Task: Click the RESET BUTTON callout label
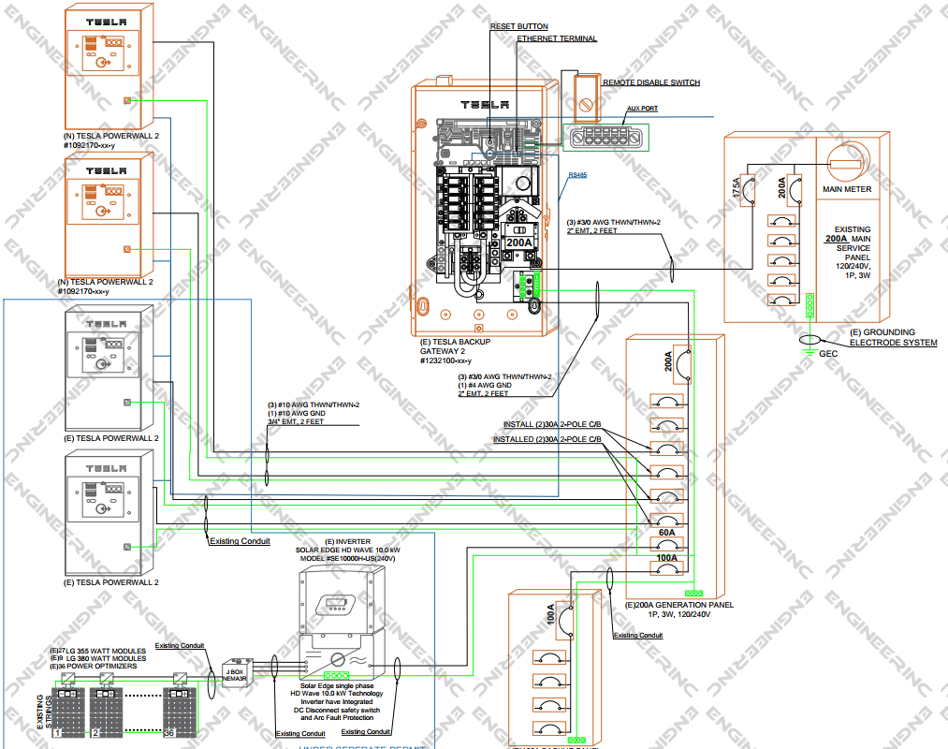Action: [x=519, y=26]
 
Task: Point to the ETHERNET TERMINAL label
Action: [x=557, y=39]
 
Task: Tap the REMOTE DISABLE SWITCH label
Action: [x=651, y=83]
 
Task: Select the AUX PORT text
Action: [x=642, y=109]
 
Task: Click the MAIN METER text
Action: [x=847, y=189]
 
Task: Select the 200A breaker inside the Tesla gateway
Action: [x=518, y=242]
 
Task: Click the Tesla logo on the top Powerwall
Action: [x=105, y=21]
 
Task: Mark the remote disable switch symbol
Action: [x=586, y=94]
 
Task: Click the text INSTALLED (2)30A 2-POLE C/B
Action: [x=547, y=439]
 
